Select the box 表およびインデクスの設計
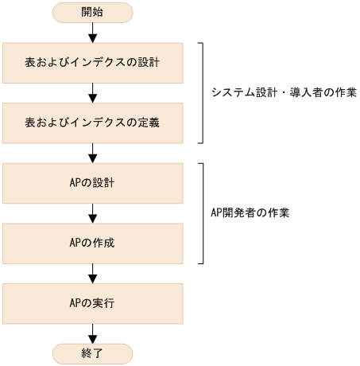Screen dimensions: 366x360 click(x=92, y=62)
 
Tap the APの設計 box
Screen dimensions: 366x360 click(x=92, y=183)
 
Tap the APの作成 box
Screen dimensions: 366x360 click(x=92, y=243)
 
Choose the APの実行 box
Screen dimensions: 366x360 click(x=92, y=303)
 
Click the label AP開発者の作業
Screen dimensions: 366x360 click(x=251, y=213)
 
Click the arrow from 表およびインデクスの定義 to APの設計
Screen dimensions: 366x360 click(x=92, y=152)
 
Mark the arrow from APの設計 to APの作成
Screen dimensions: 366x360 click(x=92, y=213)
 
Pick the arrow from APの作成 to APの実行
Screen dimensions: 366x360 click(x=92, y=273)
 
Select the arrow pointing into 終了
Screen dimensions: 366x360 click(x=92, y=333)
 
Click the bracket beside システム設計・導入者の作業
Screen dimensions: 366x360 click(x=203, y=92)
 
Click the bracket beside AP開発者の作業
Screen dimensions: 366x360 click(x=203, y=213)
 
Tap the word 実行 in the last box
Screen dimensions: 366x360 click(x=105, y=303)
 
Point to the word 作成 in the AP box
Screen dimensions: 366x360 click(x=105, y=243)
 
